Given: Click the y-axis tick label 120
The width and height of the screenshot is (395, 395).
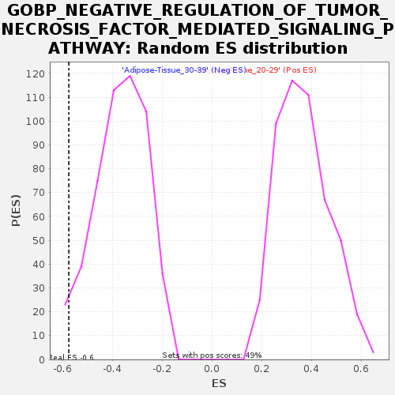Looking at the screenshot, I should point(34,73).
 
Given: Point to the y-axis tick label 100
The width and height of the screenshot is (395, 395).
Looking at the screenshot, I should point(34,121).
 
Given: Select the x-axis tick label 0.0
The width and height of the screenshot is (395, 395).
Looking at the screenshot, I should point(212,369).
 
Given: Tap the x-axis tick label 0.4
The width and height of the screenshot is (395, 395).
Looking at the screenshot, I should point(311,369).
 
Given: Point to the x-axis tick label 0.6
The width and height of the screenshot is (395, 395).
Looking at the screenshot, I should point(361,369).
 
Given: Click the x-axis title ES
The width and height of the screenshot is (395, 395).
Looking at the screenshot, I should point(219,384).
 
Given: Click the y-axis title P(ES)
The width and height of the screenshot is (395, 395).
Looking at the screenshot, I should point(16,210).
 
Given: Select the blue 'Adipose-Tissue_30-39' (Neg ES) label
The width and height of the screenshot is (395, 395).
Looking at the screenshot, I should point(184,70).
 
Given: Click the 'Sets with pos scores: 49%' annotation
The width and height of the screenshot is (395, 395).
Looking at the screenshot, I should point(212,355).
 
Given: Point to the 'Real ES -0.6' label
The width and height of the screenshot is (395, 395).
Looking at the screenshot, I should point(72,358).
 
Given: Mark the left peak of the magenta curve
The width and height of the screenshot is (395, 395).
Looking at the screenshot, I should point(130,76).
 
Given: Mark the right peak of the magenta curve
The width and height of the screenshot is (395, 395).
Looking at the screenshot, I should point(292,80).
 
